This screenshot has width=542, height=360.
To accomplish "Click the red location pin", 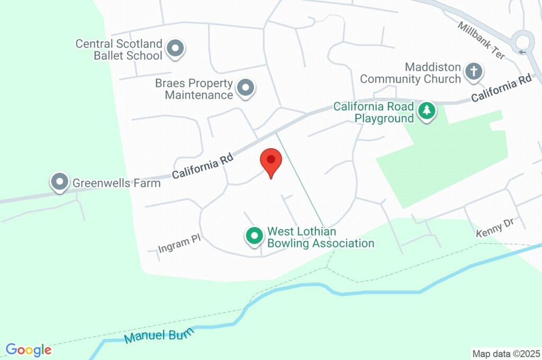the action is (272, 161).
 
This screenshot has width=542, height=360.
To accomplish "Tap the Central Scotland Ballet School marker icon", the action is (175, 49).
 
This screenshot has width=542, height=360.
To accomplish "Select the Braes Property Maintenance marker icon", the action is (245, 88).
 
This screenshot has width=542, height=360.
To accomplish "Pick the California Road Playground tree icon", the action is (426, 111).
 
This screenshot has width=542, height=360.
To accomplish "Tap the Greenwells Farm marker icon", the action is (59, 182).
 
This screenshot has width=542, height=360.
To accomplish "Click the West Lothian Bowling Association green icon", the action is (255, 236).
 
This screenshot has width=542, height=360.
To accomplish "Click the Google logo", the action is (29, 350).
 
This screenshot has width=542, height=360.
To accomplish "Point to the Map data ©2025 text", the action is (506, 353).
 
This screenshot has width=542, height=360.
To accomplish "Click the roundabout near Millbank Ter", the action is (525, 42).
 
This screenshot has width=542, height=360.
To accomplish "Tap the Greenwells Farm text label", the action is (116, 183).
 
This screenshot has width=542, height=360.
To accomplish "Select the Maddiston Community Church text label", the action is (411, 74).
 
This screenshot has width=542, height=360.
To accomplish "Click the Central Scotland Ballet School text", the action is (119, 50).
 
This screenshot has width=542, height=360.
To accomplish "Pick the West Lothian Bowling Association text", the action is (321, 238).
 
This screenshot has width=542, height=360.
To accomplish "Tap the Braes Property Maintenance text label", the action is (194, 89).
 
